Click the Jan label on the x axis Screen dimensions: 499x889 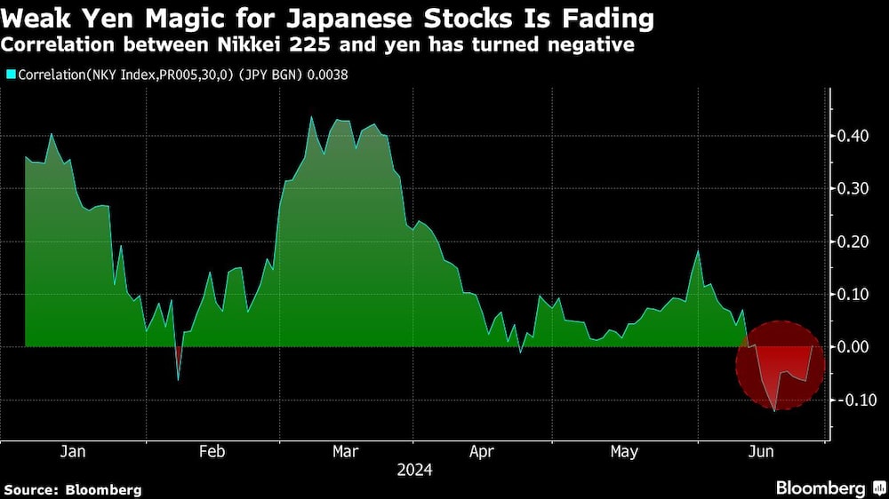coord(73,452)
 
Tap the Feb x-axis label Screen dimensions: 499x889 coord(212,452)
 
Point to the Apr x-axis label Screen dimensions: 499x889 coord(482,452)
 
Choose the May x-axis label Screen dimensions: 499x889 coord(624,452)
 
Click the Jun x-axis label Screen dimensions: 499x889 coord(761,452)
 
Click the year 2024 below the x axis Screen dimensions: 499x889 coord(414,470)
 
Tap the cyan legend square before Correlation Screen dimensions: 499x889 coord(10,75)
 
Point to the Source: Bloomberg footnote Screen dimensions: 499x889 coord(72,489)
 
